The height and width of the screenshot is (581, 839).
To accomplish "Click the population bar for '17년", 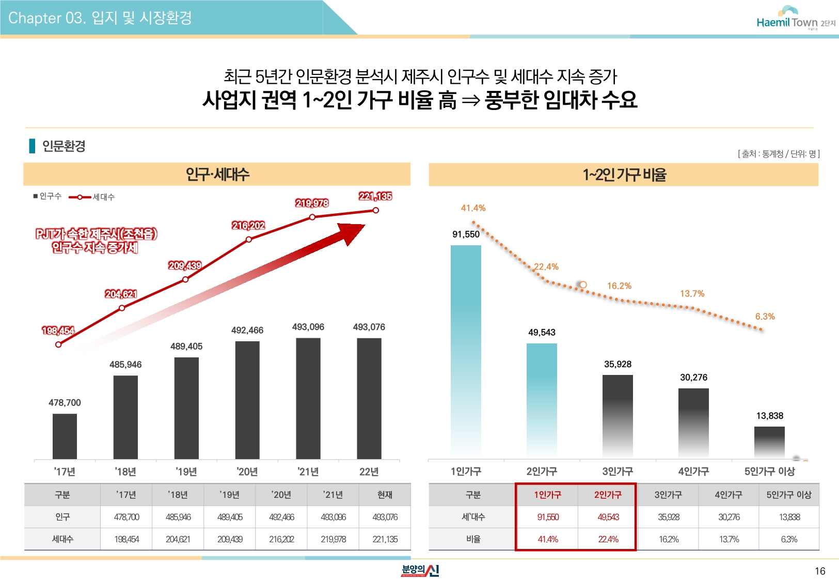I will point(65,436).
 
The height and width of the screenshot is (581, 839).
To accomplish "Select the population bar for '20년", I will point(247,400).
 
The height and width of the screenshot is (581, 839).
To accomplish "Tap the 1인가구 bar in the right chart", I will point(466,351).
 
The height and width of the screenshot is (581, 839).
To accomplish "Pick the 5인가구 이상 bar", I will point(769,442).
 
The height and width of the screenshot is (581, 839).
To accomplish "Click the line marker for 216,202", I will point(249,239).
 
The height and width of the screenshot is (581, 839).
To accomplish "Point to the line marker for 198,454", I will point(58,344).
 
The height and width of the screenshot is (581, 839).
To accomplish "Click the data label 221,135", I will point(375,196).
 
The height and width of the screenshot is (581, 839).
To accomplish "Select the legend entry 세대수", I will point(103,197).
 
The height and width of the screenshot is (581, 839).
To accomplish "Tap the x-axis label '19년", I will point(186,472).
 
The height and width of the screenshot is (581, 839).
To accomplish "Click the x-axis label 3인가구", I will point(618,471).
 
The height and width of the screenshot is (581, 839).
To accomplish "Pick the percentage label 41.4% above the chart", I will point(473,208).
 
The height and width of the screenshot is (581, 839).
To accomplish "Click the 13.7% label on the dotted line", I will point(692,294).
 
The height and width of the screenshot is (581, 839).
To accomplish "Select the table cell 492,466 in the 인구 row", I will point(281,517).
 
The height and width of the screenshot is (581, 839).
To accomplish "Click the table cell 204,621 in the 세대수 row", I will point(178,539).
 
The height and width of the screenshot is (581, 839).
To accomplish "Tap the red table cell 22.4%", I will point(608,539).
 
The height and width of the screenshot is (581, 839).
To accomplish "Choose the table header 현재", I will point(385,495).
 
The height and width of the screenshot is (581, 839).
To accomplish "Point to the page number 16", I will point(820,571).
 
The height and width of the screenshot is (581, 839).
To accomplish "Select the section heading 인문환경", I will point(64,146).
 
